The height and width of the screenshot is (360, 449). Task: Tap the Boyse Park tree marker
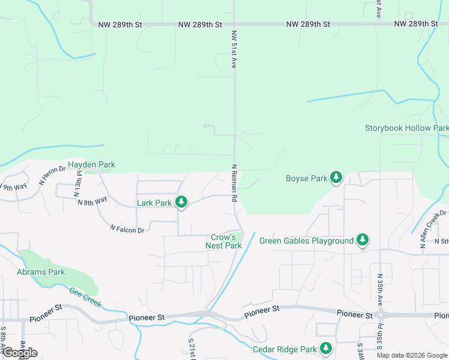337,178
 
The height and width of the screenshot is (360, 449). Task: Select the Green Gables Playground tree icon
362,241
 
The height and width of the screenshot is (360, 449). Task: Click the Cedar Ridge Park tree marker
325,349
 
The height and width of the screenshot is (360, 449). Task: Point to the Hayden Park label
91,164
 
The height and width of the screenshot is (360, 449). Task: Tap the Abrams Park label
41,272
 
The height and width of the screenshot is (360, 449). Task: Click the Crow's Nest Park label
223,241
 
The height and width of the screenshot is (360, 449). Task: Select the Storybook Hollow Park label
406,128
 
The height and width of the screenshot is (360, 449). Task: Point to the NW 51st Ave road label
234,50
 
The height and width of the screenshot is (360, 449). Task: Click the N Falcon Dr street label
127,229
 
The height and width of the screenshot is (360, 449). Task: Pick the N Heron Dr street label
52,175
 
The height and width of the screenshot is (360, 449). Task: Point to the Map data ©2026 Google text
412,355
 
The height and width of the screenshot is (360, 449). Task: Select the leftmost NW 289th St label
120,25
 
